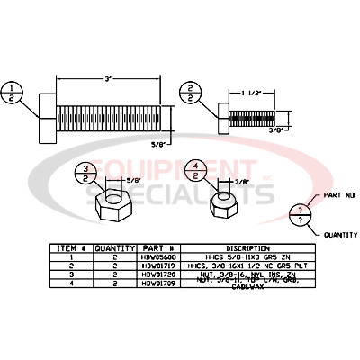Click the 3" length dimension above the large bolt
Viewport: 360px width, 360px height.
coord(106,80)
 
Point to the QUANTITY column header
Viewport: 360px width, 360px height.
coord(116,245)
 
